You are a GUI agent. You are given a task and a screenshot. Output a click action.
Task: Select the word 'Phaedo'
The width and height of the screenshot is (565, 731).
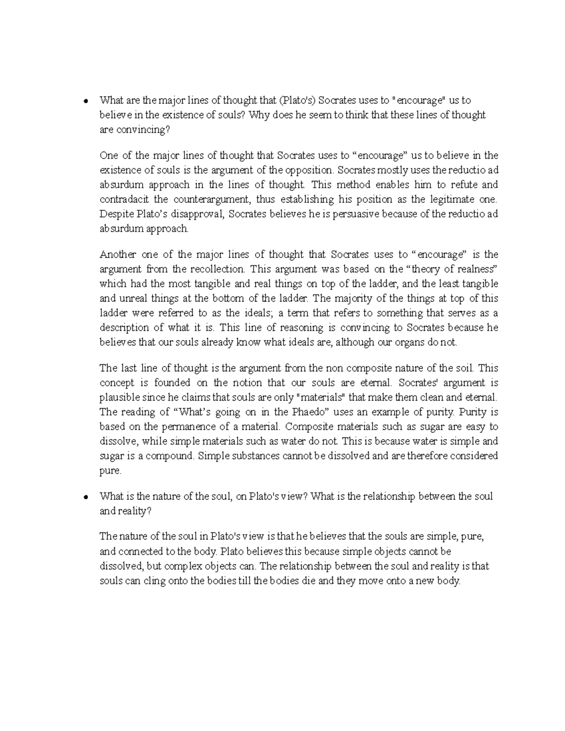click(x=311, y=412)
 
